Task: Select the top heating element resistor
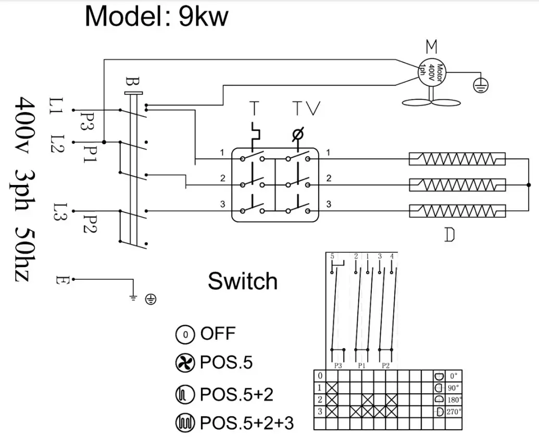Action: tap(457, 158)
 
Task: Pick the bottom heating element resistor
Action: tap(457, 210)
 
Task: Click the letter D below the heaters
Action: tap(449, 235)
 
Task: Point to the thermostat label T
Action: tap(254, 108)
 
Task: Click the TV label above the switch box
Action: tap(306, 108)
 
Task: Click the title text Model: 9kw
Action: tap(156, 17)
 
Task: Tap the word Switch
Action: tap(243, 281)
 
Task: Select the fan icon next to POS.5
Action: tap(184, 363)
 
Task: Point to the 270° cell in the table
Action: tap(453, 412)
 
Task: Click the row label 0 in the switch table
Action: tap(319, 376)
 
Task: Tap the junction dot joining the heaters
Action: tap(529, 184)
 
